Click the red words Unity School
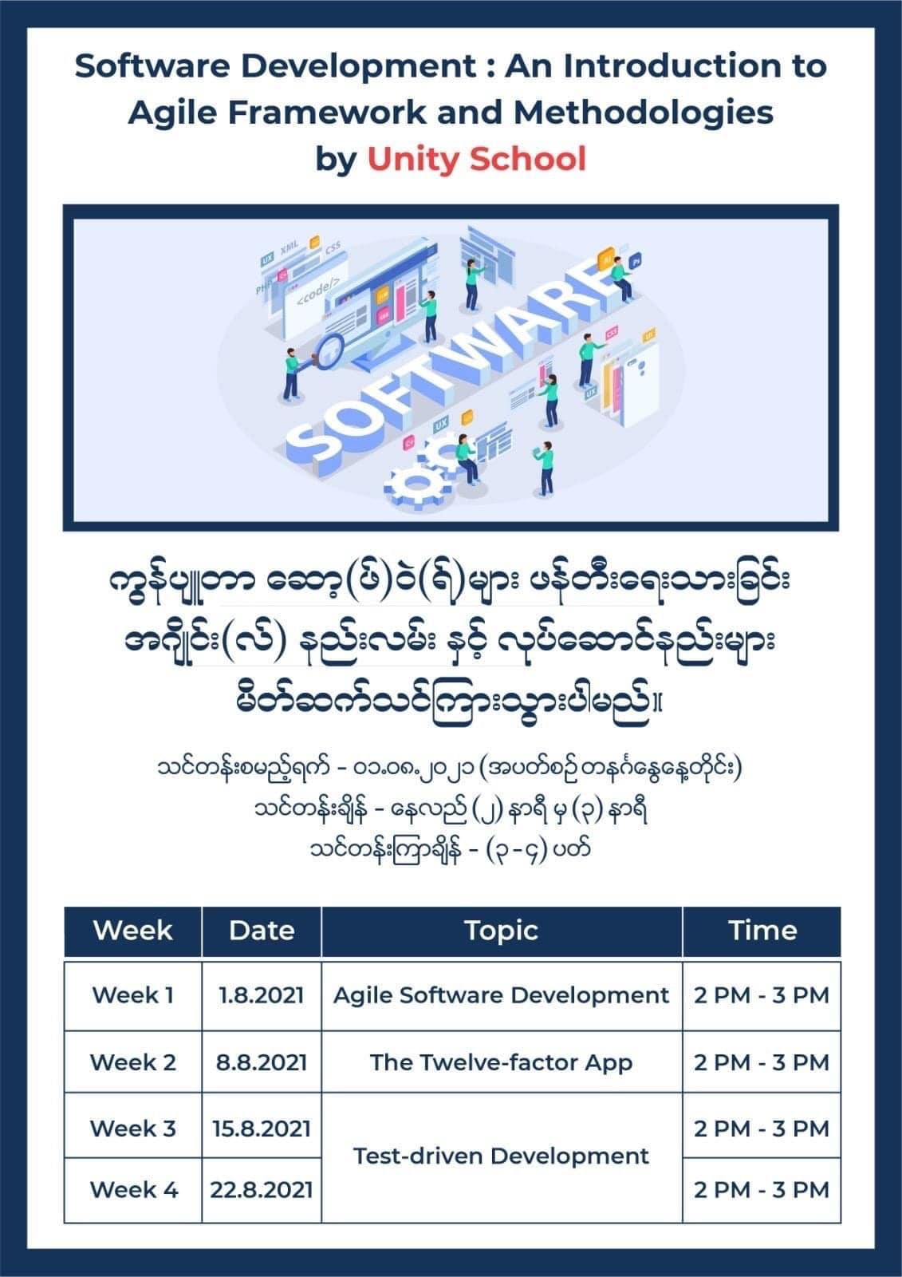(476, 159)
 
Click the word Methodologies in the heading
(644, 113)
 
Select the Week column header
(132, 931)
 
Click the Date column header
(262, 931)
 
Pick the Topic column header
(502, 931)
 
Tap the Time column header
(762, 931)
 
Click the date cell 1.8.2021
(262, 995)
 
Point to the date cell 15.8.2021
(262, 1129)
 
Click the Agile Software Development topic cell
(502, 995)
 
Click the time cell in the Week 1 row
(762, 995)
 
